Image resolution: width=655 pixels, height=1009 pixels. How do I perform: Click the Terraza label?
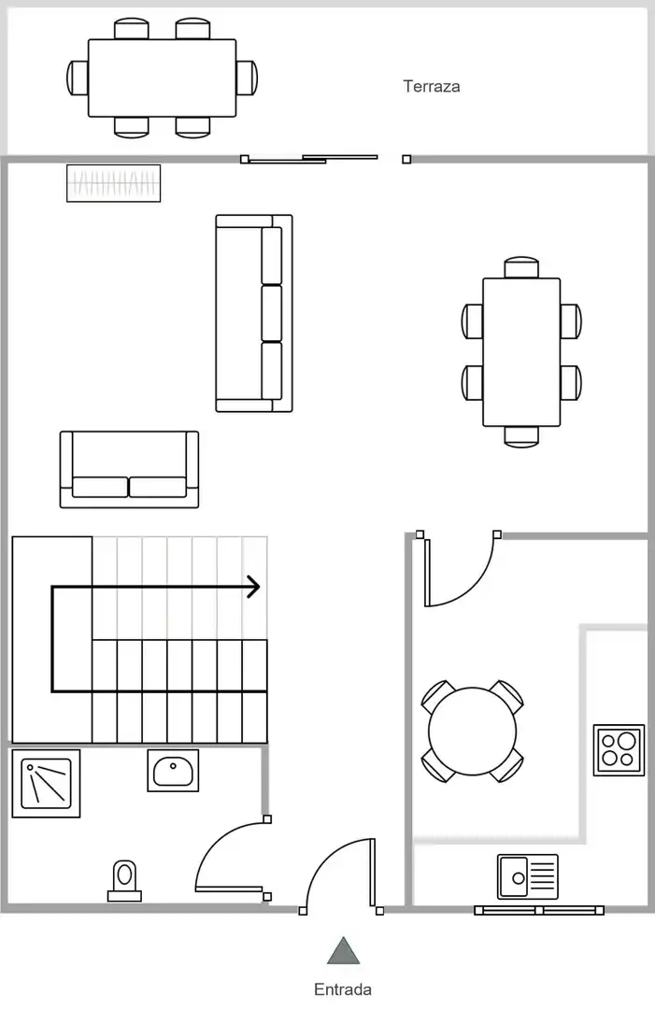point(431,86)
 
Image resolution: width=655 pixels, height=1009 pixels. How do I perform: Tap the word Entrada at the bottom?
point(342,989)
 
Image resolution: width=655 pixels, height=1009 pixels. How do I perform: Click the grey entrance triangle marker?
point(343,951)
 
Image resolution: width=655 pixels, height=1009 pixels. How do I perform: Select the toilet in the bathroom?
point(124,881)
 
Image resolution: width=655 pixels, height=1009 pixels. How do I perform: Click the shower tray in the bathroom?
point(47,783)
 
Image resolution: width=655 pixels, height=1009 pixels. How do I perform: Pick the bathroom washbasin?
point(173,770)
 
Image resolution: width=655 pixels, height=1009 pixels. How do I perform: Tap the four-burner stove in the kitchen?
point(619,749)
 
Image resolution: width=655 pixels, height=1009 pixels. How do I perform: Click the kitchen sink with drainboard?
point(528,876)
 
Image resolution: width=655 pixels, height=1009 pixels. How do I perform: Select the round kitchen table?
point(472,731)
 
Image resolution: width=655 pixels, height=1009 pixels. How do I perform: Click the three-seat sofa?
point(254,313)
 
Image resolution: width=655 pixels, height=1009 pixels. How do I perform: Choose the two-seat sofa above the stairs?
point(129,469)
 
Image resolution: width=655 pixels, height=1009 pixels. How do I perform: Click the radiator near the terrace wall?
point(113,183)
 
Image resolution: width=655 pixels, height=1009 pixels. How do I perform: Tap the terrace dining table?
point(163,78)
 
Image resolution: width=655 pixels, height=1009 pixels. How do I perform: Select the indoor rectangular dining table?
point(521,352)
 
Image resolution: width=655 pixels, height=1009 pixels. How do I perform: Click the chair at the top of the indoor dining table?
point(521,267)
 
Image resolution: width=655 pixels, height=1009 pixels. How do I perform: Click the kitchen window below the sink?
point(539,910)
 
